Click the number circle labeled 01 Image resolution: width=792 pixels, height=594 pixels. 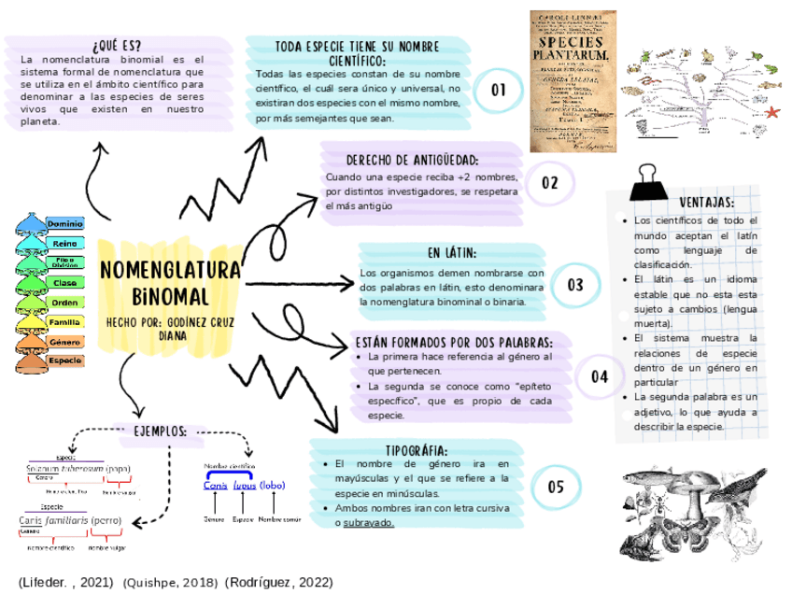point(499,91)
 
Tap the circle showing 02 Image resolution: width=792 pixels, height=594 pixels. point(550,183)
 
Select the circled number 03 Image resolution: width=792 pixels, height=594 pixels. point(575,285)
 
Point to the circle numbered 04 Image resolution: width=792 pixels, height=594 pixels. point(600,377)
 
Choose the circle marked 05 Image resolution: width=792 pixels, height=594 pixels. point(557,487)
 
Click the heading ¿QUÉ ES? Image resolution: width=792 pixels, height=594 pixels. point(118,45)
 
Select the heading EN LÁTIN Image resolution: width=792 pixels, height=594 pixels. point(452,253)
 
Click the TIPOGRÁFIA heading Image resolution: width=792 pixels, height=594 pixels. point(422,449)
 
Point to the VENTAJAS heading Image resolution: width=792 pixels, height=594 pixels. point(706,203)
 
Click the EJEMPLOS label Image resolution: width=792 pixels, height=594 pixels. point(161,431)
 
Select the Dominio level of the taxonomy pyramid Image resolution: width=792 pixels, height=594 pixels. point(64,224)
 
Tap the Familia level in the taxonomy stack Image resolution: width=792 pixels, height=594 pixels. point(64,322)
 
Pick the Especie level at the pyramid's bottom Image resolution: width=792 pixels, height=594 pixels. point(64,361)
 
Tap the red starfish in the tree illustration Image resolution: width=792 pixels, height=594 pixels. point(771,112)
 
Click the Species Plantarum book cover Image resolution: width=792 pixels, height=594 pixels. point(570,80)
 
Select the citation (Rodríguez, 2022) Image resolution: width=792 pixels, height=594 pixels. point(278,582)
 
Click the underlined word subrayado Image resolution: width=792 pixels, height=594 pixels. point(368,523)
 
